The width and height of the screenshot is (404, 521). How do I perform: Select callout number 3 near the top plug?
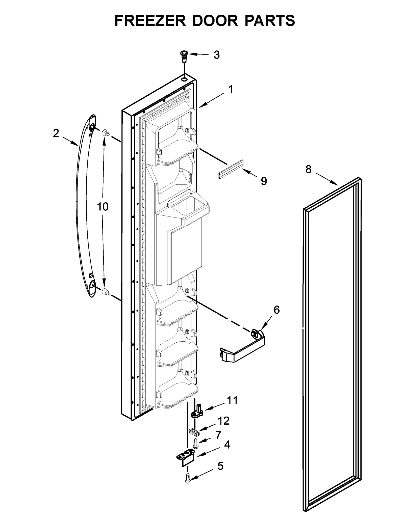point(217,55)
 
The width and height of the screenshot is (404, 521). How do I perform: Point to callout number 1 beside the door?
point(231,89)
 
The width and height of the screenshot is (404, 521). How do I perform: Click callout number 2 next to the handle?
point(56,133)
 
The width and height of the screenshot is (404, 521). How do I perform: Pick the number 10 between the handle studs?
point(103,207)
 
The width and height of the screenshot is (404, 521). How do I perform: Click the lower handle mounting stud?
point(106,292)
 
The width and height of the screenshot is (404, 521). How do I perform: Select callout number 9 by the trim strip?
point(264,181)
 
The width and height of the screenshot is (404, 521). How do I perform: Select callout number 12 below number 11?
point(223,421)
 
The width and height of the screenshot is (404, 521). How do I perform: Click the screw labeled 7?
point(195,443)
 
